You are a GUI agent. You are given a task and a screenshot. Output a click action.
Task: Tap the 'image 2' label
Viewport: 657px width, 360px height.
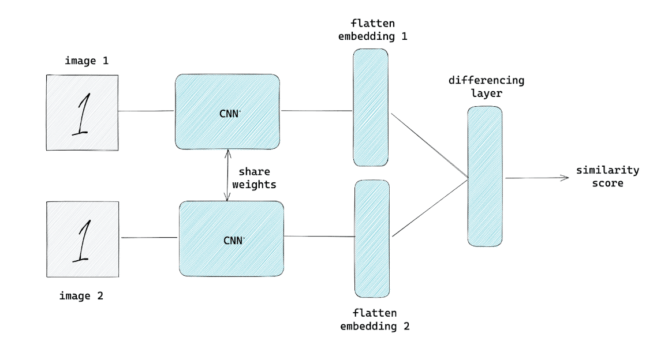pyautogui.click(x=81, y=296)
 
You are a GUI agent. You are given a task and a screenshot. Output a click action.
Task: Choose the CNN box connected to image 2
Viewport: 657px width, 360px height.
pyautogui.click(x=232, y=239)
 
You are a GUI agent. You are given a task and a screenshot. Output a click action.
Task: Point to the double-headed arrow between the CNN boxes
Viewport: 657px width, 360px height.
pyautogui.click(x=227, y=175)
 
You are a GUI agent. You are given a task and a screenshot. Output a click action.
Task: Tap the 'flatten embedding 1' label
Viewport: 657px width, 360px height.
pyautogui.click(x=374, y=29)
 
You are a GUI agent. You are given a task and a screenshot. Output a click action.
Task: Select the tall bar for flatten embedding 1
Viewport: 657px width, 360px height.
pyautogui.click(x=370, y=107)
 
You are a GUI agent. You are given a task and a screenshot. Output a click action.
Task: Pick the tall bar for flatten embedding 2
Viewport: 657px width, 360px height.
pyautogui.click(x=372, y=238)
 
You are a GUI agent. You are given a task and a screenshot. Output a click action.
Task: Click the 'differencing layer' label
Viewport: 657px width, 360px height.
pyautogui.click(x=486, y=85)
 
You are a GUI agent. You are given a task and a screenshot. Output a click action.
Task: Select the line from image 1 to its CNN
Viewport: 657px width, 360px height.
pyautogui.click(x=147, y=111)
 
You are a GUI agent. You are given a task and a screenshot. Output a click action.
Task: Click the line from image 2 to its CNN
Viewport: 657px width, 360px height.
pyautogui.click(x=148, y=237)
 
